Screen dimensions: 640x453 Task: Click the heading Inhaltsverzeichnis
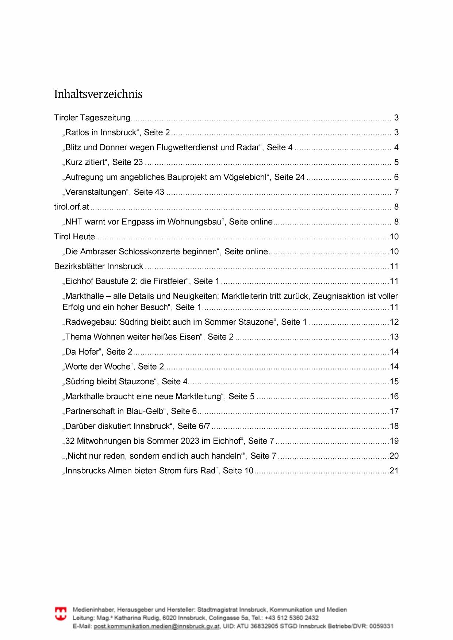point(98,94)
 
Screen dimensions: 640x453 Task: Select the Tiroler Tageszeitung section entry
point(92,118)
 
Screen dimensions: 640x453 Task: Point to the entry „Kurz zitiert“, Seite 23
point(104,162)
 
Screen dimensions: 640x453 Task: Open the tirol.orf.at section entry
point(72,207)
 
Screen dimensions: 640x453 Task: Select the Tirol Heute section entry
point(74,237)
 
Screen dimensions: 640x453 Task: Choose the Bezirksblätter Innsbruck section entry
point(99,266)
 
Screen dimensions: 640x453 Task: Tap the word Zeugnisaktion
point(339,296)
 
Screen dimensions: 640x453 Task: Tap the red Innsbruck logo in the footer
point(61,614)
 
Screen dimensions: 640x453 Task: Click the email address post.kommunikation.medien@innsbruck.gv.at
point(157,626)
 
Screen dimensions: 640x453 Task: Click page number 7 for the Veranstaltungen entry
point(396,192)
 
